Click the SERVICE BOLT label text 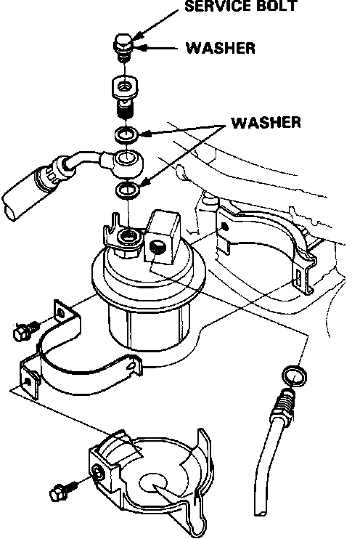pos(240,7)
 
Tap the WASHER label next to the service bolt pos(221,48)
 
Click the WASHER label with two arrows pos(266,123)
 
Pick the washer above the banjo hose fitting pos(127,134)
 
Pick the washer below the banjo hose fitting pos(128,190)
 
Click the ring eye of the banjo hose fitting pos(127,160)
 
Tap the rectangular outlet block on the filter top pos(162,238)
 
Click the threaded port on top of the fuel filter pos(128,237)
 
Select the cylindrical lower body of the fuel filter pos(149,327)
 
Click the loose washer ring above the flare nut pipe pos(294,376)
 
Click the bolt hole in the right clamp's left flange pos(225,227)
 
